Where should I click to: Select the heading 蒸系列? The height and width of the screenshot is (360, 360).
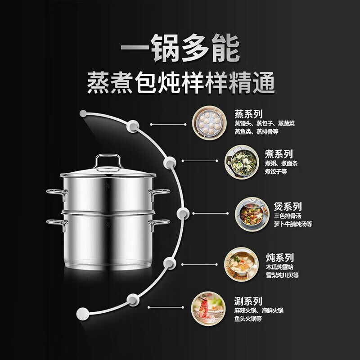[248, 114]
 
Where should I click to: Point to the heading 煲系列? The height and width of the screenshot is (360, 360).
[287, 207]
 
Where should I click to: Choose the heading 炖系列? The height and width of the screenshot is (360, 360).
[279, 258]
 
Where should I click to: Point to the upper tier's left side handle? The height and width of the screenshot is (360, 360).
[56, 193]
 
